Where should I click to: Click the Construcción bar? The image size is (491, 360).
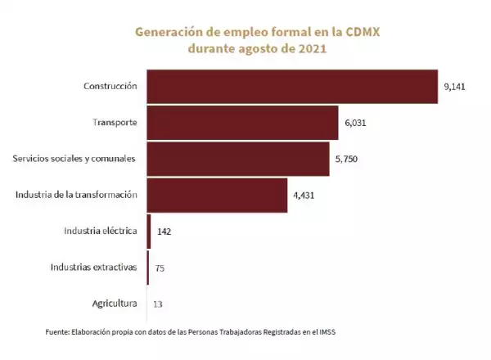pos(292,86)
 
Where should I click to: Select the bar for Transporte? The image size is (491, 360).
pos(242,123)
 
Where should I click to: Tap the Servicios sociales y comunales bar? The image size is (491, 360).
pos(238,159)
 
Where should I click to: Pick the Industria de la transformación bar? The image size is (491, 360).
pos(217,195)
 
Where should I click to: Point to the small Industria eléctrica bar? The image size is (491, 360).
pos(149,231)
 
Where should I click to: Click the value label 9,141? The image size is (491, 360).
pos(455,86)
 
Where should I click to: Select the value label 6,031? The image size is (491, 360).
pos(355,123)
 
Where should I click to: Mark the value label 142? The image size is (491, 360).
pos(164,232)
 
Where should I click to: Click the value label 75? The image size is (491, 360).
pos(160,268)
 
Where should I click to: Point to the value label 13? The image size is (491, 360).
pos(158,304)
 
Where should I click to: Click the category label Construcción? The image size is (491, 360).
pos(110,86)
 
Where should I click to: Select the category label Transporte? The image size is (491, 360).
pos(115,123)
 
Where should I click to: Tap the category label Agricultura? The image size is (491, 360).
pos(114,304)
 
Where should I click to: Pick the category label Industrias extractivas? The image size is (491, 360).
pos(93,267)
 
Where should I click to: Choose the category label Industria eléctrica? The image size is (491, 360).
pos(100,231)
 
